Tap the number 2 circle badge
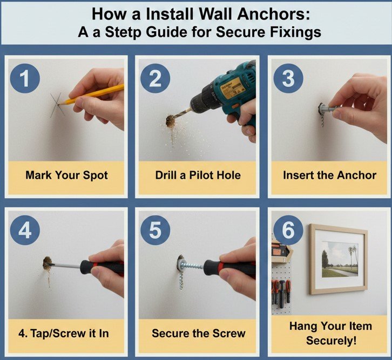tap(156, 78)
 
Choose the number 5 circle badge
tap(156, 230)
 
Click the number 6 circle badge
tap(288, 230)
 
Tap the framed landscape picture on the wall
tap(338, 258)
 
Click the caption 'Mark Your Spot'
tap(66, 175)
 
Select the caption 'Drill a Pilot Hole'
tap(198, 175)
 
